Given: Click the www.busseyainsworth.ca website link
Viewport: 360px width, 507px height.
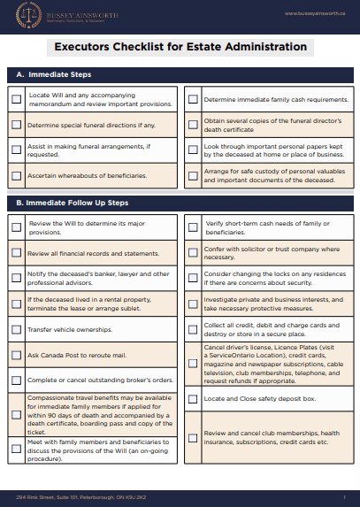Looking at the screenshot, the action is (x=313, y=13).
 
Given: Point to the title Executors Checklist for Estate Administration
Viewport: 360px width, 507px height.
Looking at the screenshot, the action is (x=180, y=47).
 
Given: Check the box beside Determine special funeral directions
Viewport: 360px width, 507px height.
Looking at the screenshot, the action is (x=17, y=125).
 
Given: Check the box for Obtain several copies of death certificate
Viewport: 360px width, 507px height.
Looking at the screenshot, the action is (x=193, y=125).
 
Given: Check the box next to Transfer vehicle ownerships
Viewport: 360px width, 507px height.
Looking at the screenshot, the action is (x=17, y=327).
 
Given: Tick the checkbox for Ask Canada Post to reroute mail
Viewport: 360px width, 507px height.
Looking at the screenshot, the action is (x=17, y=355).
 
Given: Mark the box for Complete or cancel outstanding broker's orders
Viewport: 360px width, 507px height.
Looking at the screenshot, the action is (x=17, y=381).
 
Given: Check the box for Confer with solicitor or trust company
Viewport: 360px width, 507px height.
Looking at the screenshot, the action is (x=193, y=253).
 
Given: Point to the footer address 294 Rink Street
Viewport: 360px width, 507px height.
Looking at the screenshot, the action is (x=80, y=496).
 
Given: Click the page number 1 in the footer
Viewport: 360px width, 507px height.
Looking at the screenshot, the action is (x=343, y=496).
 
